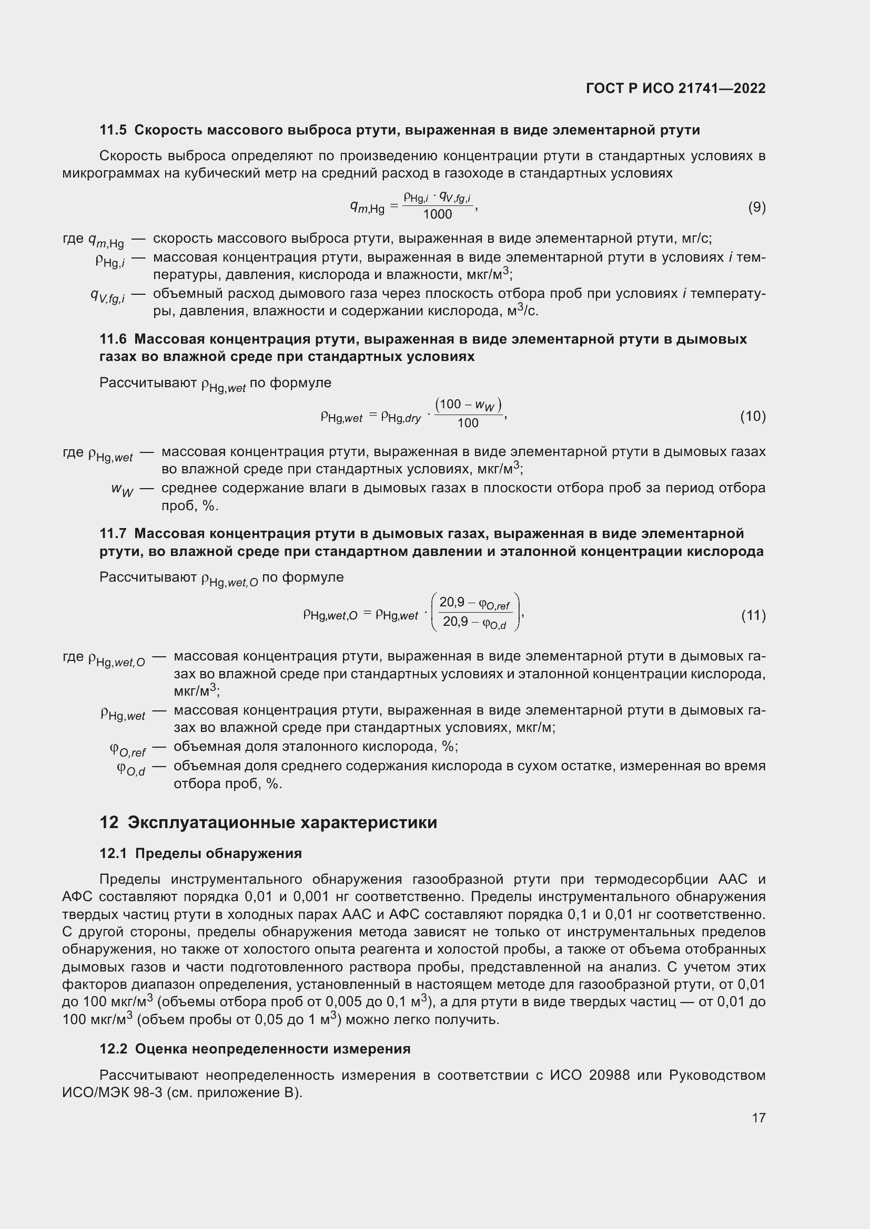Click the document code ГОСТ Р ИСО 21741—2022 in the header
[x=675, y=88]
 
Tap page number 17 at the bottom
[x=758, y=1118]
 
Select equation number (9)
[x=756, y=207]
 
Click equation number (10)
[x=753, y=416]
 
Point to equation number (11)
[x=753, y=616]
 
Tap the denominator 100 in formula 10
[x=468, y=424]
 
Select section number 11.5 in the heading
[x=113, y=130]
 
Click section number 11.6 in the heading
[x=113, y=339]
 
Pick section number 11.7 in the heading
[x=113, y=534]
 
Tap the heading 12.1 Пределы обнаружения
[x=200, y=854]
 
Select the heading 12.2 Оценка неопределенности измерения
[x=255, y=1049]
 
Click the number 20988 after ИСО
[x=609, y=1076]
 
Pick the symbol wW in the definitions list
[x=122, y=490]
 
